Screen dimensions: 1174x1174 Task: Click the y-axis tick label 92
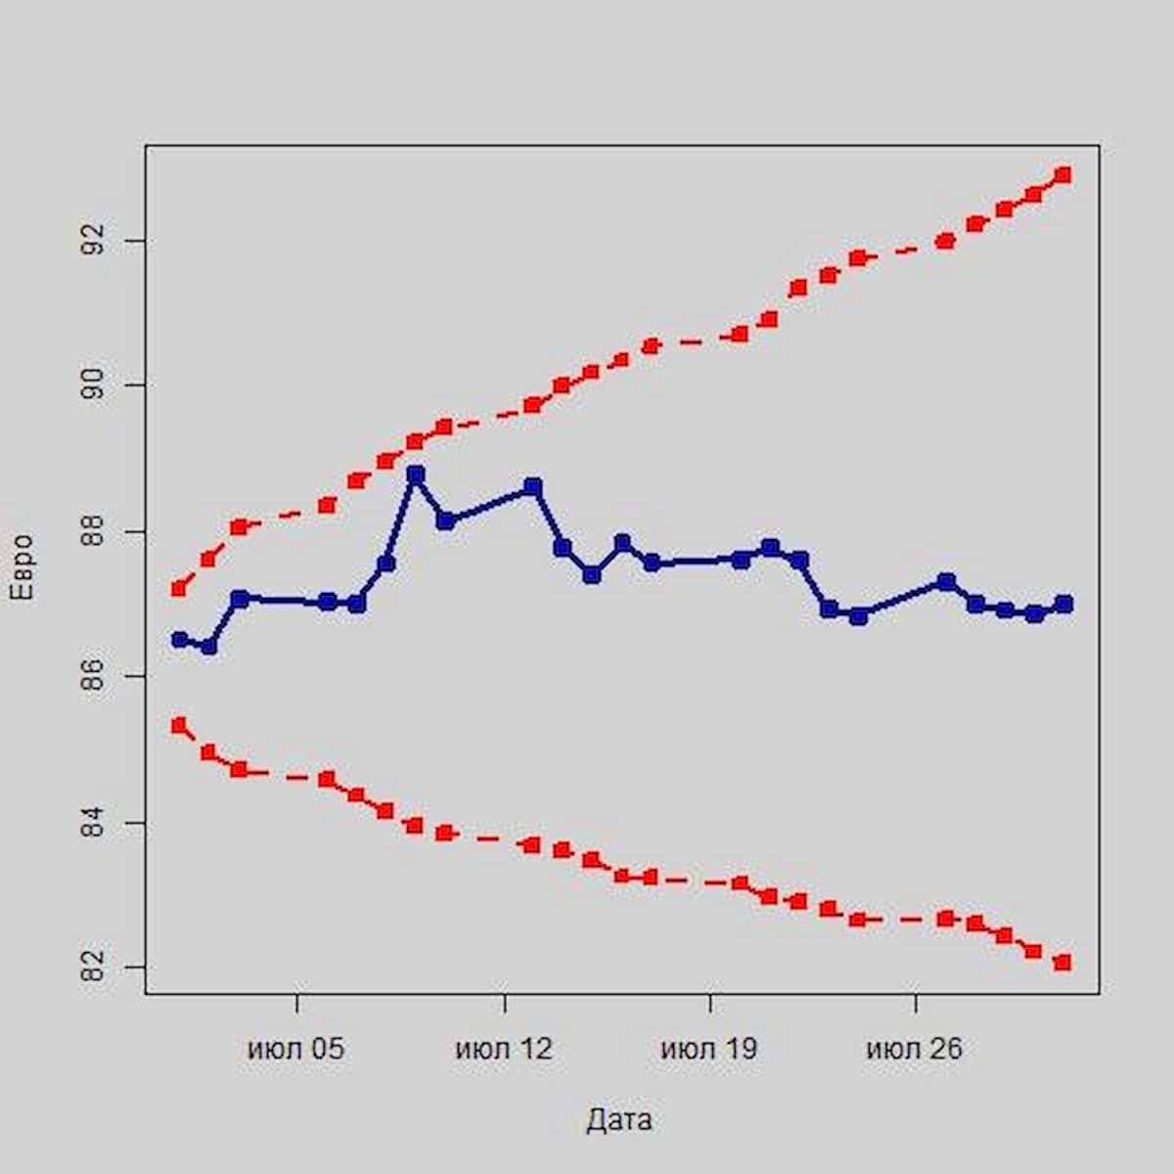click(94, 240)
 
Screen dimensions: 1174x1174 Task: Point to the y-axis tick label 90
click(94, 384)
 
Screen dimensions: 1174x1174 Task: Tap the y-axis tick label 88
click(94, 530)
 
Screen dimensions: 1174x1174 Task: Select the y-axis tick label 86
click(94, 676)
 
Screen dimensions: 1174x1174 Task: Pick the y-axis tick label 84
click(94, 823)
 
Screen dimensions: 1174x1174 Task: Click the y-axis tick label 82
click(94, 968)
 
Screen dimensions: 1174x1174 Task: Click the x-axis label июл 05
click(295, 1050)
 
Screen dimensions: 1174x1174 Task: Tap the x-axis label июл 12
click(503, 1050)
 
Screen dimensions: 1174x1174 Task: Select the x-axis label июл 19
click(708, 1050)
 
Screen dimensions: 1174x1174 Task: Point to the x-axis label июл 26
click(914, 1050)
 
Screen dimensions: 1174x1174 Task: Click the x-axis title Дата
click(619, 1120)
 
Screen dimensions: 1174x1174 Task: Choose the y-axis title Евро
click(21, 567)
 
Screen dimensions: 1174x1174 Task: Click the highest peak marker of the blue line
click(416, 474)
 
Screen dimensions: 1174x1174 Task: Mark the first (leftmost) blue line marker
click(179, 640)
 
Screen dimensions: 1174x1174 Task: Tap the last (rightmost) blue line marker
click(1063, 604)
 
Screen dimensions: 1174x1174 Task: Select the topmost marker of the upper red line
click(1063, 175)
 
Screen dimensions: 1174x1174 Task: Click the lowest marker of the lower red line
click(1063, 963)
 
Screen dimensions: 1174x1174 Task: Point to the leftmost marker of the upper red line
click(178, 589)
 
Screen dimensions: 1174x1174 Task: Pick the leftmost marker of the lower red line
click(178, 725)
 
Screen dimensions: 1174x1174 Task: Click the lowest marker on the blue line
click(208, 647)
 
